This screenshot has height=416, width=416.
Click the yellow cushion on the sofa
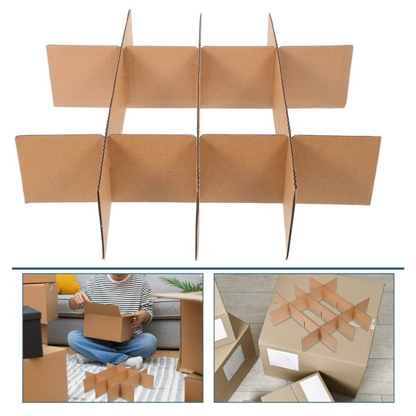pos(67,285)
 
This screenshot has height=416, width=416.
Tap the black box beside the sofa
pos(32,332)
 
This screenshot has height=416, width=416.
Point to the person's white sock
pos(134,362)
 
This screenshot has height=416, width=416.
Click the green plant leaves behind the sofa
pos(183,284)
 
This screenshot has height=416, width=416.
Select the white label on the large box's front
pos(282,359)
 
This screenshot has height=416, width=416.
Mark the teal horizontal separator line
pos(208,268)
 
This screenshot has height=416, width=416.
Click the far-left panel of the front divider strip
pos(59,168)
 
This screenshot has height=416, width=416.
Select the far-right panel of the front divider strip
pos(337,169)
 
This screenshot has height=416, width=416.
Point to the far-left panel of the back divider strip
pos(82,76)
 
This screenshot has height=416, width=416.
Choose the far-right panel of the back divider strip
pos(316,76)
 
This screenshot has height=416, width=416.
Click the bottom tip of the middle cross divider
pos(196,256)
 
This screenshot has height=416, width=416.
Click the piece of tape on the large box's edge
pos(373,325)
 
